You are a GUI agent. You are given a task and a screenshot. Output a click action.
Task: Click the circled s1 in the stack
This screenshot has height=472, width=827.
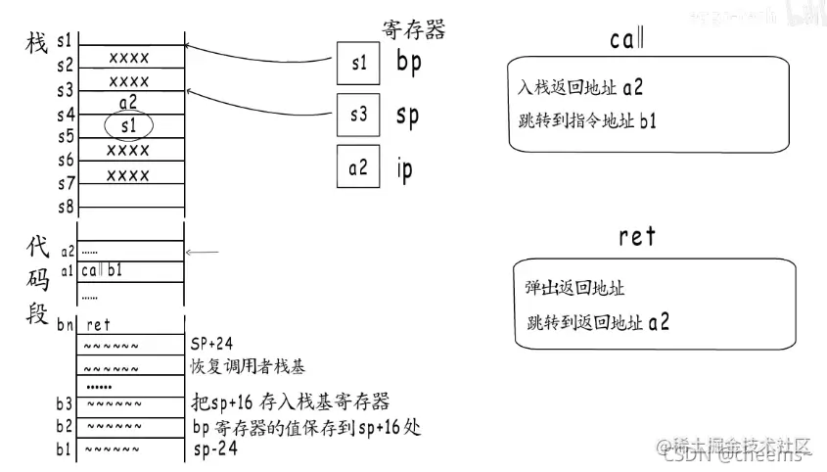[x=129, y=125]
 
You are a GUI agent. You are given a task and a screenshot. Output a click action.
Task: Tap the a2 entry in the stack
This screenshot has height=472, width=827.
[x=129, y=102]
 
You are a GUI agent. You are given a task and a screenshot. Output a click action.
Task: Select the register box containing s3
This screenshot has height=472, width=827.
[x=357, y=115]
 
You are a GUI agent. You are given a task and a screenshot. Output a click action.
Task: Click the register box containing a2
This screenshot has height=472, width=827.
[x=357, y=167]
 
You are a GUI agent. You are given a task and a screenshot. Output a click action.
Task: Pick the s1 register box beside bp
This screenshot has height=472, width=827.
[x=357, y=64]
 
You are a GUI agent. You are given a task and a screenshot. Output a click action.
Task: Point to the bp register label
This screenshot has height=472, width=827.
[x=408, y=62]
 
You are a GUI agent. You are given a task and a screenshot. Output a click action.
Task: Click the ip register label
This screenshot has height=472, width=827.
[x=404, y=168]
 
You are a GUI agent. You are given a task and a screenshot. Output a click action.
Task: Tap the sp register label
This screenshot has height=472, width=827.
[x=407, y=115]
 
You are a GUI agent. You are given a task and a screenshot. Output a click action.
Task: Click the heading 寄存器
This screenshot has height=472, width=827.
[x=413, y=29]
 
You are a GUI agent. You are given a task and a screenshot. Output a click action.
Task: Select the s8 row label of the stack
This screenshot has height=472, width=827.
[x=65, y=207]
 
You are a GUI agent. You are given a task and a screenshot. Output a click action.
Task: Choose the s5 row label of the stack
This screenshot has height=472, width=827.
[x=65, y=136]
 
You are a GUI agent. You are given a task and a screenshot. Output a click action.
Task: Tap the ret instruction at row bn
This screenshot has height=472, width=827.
[x=99, y=324]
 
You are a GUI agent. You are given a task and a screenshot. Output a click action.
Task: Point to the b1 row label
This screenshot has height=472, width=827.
[x=65, y=449]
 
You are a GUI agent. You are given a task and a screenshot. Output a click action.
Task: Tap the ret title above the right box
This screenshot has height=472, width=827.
[x=637, y=236]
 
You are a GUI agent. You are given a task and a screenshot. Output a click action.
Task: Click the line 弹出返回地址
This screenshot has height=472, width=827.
[x=575, y=289]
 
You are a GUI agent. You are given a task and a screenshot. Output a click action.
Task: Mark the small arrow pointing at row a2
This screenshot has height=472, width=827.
[x=203, y=253]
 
